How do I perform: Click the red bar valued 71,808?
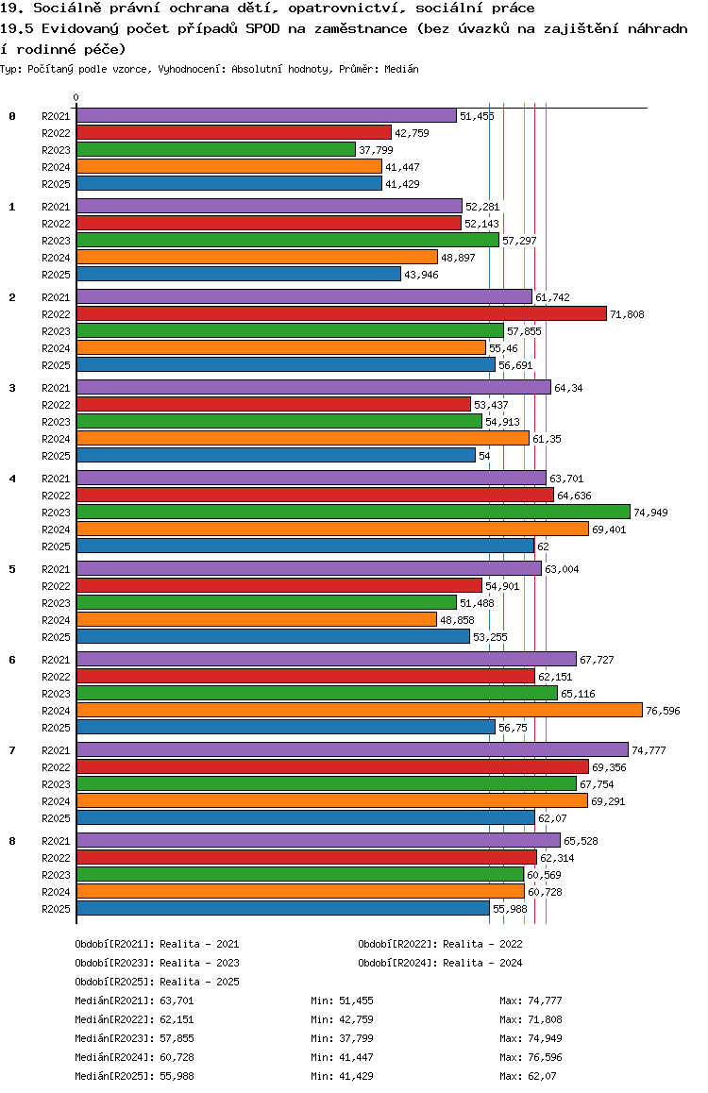coord(341,313)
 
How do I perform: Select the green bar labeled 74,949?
coord(353,512)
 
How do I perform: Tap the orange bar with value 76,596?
coord(359,710)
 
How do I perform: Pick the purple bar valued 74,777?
coord(352,750)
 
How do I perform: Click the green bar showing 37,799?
coord(215,149)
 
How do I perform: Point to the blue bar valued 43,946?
coord(239,274)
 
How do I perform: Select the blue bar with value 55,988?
coord(282,908)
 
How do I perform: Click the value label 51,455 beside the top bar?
coord(477,116)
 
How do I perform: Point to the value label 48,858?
coord(459,620)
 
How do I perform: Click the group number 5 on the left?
coord(12,569)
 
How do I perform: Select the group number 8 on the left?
coord(12,841)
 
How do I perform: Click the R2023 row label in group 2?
coord(57,331)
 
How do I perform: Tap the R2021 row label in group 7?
coord(57,750)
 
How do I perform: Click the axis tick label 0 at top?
coord(76,97)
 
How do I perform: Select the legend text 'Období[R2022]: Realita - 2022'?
coord(440,944)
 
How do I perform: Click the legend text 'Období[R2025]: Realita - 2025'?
coord(157,982)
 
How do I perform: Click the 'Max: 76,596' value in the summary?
coord(531,1057)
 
